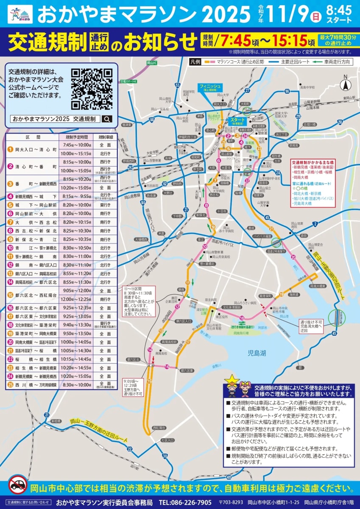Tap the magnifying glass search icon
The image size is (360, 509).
tap(107, 119)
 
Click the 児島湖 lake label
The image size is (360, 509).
tap(257, 353)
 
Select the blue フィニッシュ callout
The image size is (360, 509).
tap(209, 88)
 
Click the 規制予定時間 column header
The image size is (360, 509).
tap(77, 137)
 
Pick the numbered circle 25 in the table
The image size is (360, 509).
tap(10, 385)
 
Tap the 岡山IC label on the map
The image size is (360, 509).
tap(151, 63)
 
